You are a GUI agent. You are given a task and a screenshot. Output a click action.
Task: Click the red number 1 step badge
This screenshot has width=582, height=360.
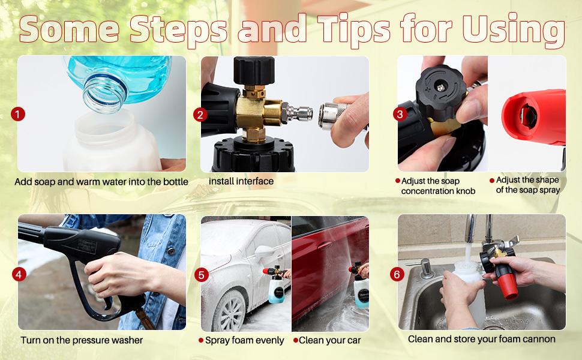[18, 114]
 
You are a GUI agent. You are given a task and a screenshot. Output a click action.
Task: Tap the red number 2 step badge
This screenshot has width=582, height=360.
[200, 115]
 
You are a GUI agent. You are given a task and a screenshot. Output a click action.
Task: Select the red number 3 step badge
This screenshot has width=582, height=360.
[400, 114]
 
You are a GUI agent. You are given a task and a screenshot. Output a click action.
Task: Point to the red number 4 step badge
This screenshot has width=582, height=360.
[19, 275]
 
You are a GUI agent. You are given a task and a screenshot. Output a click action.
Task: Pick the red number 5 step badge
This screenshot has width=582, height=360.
[201, 275]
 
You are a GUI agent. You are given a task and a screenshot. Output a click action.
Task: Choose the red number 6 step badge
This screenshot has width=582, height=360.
[397, 274]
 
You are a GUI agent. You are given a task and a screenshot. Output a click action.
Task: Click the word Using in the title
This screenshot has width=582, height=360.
[514, 31]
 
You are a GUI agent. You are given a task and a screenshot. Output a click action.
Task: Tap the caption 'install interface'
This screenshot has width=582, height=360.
[241, 181]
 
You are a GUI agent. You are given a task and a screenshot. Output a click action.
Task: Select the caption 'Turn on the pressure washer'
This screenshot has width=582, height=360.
[82, 340]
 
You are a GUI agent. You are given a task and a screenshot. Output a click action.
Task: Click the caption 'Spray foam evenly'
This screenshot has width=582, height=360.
[244, 340]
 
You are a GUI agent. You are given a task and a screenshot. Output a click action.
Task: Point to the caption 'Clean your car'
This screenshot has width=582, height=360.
[329, 340]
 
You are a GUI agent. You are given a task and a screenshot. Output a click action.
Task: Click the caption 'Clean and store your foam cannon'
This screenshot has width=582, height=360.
[481, 339]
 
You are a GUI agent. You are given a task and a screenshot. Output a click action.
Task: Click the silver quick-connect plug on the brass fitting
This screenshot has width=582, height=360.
[296, 113]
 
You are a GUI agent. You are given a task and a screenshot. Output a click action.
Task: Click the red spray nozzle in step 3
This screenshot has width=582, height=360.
[534, 116]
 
